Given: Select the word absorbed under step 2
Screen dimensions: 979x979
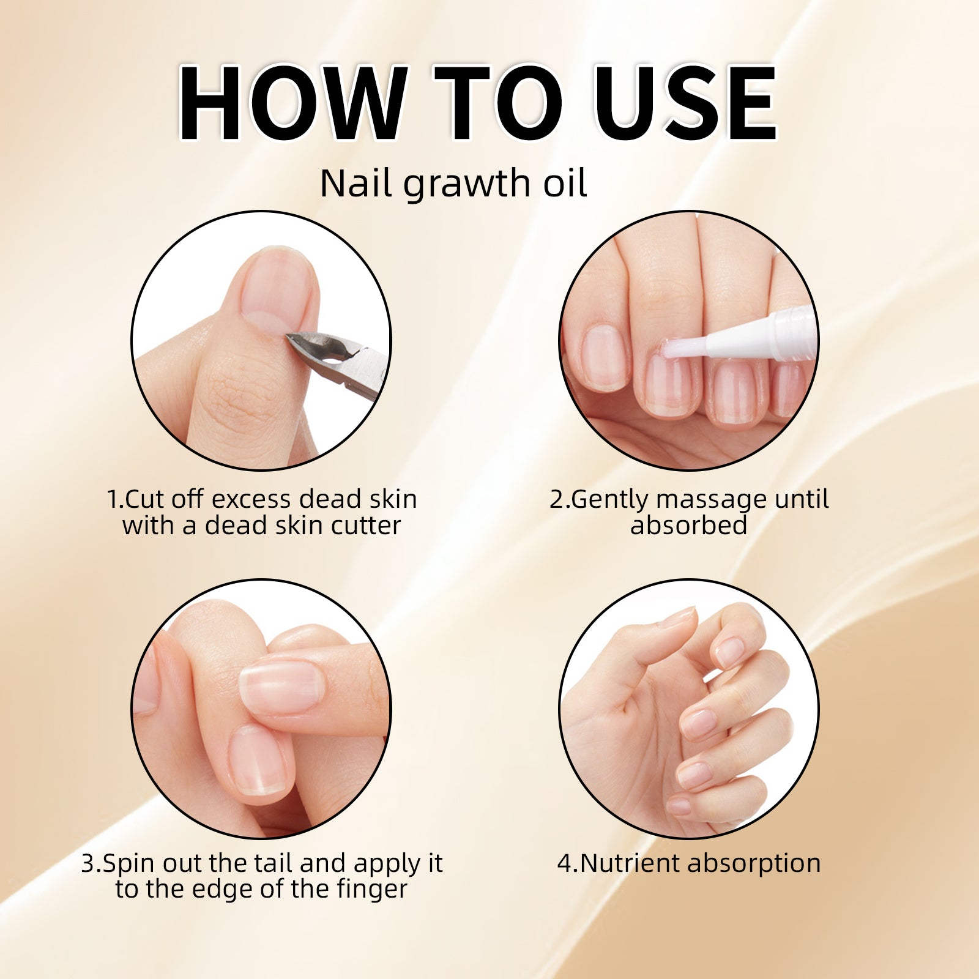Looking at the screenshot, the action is [x=689, y=526].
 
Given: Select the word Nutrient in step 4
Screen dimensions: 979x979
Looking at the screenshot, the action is [x=630, y=863].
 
